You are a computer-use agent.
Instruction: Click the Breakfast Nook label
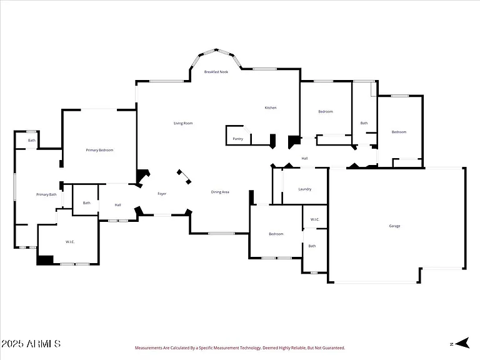(216, 72)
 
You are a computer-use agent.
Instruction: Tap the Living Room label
(183, 123)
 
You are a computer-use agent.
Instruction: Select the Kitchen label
(271, 107)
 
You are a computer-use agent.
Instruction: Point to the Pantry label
(238, 139)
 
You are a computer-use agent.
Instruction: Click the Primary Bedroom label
(99, 150)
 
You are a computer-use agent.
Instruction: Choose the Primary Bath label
(46, 195)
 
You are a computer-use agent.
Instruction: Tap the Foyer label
(162, 194)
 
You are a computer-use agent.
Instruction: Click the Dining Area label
(220, 192)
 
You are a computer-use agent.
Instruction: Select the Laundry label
(305, 189)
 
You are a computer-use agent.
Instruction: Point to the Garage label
(394, 226)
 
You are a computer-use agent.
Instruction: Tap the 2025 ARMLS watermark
(31, 344)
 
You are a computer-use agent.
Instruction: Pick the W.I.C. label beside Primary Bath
(70, 242)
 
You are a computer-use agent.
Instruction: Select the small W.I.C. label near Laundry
(315, 219)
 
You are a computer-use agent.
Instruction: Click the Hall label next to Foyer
(118, 205)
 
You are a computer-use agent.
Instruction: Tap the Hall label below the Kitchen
(304, 159)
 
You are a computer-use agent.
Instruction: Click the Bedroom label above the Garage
(399, 132)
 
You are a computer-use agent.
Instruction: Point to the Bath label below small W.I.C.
(312, 246)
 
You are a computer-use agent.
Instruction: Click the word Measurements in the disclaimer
(148, 347)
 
